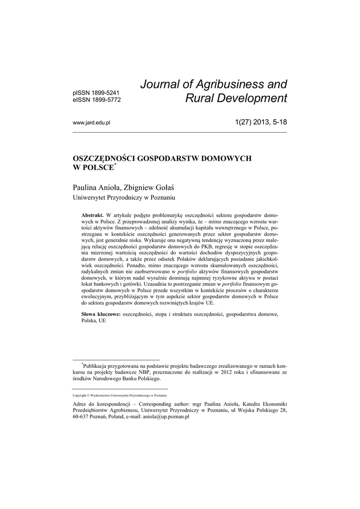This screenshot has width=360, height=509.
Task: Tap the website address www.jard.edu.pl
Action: [91, 123]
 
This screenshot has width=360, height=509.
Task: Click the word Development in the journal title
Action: [251, 98]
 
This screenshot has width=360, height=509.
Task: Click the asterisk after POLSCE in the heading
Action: [115, 164]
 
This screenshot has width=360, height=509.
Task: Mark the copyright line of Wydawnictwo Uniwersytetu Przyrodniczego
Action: [120, 395]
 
